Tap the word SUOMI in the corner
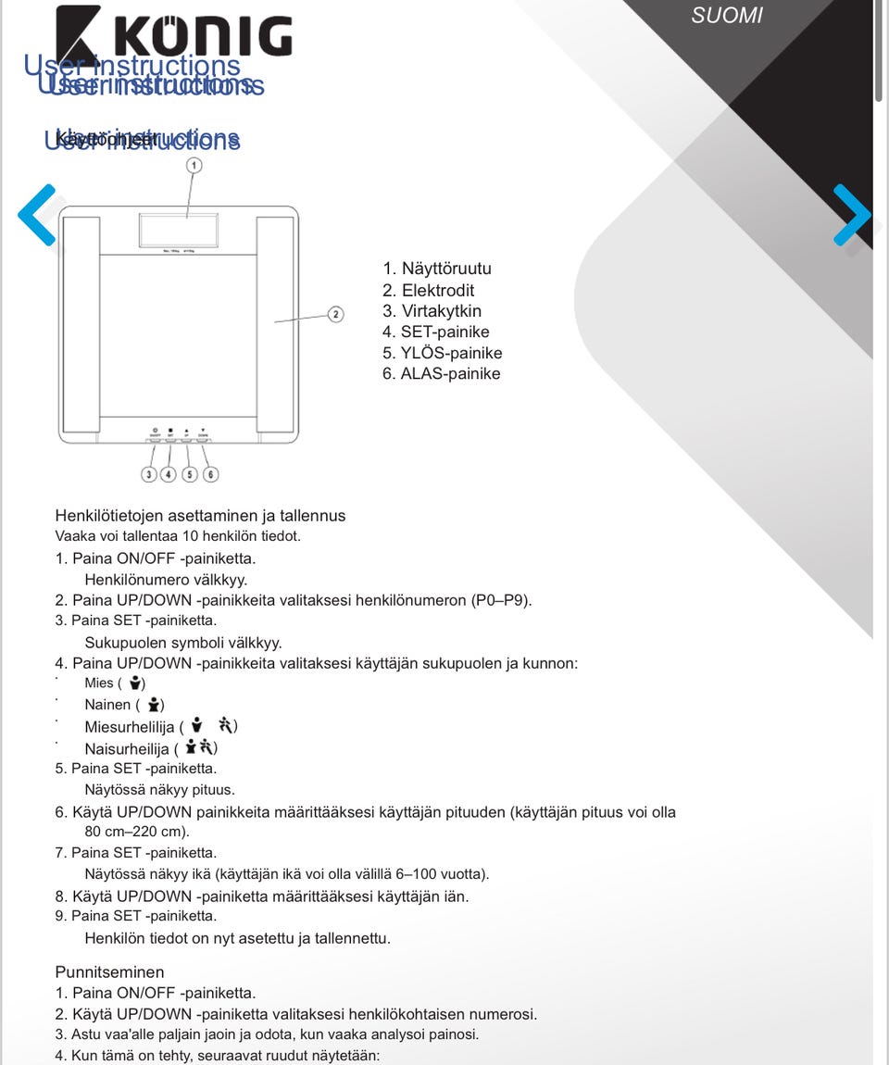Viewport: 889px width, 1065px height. (x=727, y=16)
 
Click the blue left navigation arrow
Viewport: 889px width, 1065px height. (x=37, y=215)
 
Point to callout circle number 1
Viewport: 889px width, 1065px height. (x=194, y=166)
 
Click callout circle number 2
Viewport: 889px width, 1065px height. (x=335, y=314)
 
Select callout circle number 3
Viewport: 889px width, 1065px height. (x=148, y=474)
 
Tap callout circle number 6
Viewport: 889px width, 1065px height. (x=211, y=474)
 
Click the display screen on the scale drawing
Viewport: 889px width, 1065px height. (x=180, y=229)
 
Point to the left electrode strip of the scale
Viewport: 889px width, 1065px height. (x=81, y=324)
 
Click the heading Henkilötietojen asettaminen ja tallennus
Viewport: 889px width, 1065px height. (x=200, y=516)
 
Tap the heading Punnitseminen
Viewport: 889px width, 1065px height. (x=109, y=972)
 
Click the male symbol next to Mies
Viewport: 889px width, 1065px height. (x=135, y=683)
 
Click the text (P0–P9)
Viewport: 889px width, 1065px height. (x=501, y=600)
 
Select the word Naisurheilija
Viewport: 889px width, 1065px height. (x=127, y=748)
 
